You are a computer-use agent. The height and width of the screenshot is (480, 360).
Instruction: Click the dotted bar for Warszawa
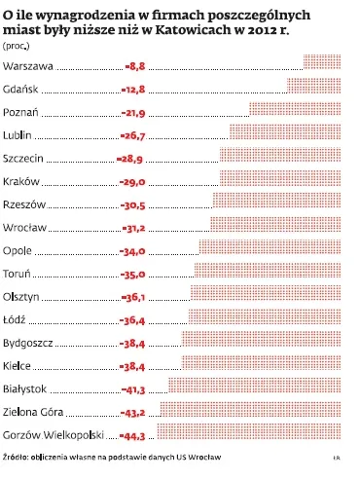tap(322, 62)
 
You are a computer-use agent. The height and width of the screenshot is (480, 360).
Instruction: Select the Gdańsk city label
tap(20, 89)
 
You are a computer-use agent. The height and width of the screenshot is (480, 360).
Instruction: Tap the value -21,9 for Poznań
tap(133, 113)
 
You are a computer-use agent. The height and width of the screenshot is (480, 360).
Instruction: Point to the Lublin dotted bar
tap(285, 131)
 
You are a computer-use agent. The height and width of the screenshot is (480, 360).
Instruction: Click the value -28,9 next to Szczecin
tap(129, 159)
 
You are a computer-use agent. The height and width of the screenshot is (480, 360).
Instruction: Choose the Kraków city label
tap(21, 181)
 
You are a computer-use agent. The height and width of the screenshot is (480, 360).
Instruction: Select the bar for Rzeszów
tap(277, 201)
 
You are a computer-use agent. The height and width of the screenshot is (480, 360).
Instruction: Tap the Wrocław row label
tap(24, 227)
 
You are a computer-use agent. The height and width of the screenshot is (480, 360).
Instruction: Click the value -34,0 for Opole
tap(132, 251)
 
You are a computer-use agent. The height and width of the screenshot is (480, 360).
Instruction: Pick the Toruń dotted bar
tap(268, 270)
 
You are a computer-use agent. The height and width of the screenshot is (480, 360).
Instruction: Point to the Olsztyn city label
tap(21, 297)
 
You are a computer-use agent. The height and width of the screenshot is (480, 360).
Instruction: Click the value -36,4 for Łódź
tap(132, 320)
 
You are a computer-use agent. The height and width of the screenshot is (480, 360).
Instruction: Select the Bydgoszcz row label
tap(27, 343)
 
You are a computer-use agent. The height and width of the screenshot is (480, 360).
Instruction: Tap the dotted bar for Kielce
tap(262, 362)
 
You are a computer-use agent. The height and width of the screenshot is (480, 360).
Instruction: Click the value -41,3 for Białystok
tap(133, 389)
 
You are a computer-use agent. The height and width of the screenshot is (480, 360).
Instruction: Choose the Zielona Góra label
tap(33, 412)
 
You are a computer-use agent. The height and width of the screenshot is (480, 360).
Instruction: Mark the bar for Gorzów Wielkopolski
tap(249, 431)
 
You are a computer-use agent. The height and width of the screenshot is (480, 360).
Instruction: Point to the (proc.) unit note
tap(17, 46)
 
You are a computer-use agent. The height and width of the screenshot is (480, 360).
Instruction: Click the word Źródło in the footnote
tap(16, 457)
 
